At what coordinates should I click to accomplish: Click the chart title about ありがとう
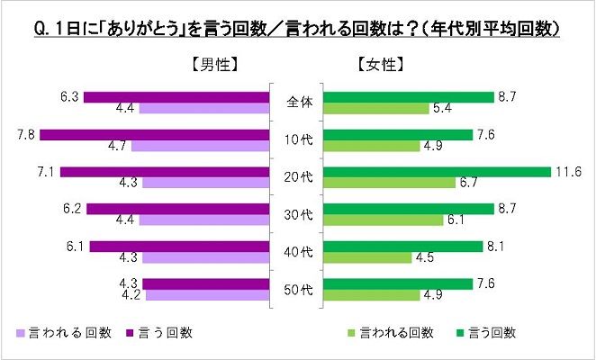[x=297, y=29]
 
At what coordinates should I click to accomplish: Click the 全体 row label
[x=297, y=102]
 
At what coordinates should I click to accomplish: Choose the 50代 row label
[x=297, y=289]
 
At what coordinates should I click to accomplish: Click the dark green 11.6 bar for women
[x=437, y=171]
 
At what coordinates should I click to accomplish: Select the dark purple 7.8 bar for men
[x=155, y=134]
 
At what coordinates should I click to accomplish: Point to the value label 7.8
[x=26, y=133]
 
